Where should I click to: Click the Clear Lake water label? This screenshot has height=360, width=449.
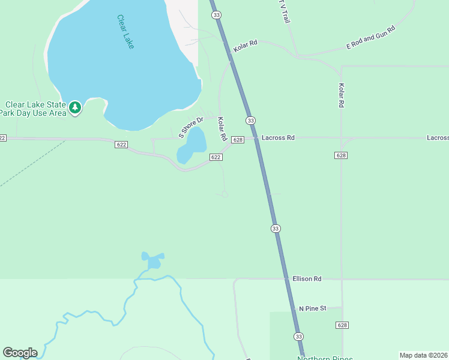point(125,31)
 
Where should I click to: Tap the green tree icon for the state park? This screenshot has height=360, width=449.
point(74,108)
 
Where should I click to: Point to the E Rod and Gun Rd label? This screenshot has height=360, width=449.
point(371,38)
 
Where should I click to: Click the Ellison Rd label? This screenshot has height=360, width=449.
point(307,279)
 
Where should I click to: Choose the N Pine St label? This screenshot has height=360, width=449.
point(312,308)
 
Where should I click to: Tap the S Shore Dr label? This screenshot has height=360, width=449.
point(191,127)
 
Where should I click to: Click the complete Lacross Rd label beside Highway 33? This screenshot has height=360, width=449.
point(278,138)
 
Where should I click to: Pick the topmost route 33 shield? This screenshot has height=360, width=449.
point(217,14)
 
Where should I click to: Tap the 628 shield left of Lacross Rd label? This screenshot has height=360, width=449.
point(238,139)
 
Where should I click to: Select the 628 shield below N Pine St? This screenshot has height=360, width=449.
point(341,325)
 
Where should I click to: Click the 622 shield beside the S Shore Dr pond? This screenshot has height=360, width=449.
point(216,157)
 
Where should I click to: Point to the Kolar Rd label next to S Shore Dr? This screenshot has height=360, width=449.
point(221,129)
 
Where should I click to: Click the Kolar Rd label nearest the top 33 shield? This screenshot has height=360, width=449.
point(246,46)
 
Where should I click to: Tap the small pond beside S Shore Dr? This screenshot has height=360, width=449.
point(193,146)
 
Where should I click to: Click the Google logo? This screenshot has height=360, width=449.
point(20,353)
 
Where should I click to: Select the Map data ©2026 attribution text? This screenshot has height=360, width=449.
point(423,355)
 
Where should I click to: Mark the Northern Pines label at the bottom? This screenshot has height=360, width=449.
point(325,358)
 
